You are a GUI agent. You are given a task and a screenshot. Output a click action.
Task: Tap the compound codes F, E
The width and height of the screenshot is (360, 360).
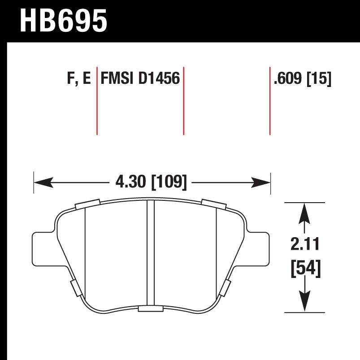pyautogui.click(x=78, y=79)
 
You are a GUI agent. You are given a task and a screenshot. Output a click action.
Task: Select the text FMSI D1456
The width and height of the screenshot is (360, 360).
pyautogui.click(x=140, y=79)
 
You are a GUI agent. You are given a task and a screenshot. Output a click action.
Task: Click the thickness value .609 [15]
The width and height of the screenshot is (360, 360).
pyautogui.click(x=302, y=79)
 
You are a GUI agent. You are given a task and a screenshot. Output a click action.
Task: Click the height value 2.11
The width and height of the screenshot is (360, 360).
pyautogui.click(x=306, y=245)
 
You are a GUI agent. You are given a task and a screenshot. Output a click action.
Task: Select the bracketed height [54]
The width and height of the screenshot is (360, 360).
pyautogui.click(x=306, y=269)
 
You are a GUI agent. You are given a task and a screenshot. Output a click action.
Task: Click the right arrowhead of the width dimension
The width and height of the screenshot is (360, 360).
pyautogui.click(x=263, y=182)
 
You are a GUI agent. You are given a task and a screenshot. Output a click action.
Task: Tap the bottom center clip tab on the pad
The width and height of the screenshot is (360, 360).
pyautogui.click(x=151, y=308)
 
